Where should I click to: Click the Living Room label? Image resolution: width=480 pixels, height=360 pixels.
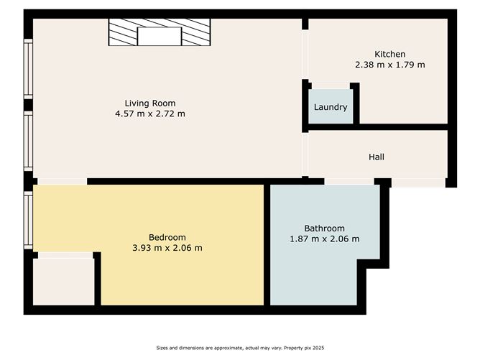[149, 103]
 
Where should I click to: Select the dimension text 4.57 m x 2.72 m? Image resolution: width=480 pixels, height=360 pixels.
[149, 114]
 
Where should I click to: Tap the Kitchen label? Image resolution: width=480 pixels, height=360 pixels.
[389, 54]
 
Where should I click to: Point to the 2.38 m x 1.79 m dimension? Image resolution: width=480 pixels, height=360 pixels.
[389, 65]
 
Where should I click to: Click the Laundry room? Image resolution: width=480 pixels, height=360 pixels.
[331, 107]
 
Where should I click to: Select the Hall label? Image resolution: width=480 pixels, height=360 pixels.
[377, 157]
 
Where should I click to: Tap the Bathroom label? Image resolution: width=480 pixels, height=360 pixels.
[323, 229]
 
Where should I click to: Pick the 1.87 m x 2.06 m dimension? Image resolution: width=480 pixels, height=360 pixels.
[323, 239]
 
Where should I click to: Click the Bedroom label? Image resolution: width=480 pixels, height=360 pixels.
[167, 237]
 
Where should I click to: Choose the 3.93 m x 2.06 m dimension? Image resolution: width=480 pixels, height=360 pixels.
[167, 248]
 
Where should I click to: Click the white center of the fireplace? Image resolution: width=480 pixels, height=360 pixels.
[160, 36]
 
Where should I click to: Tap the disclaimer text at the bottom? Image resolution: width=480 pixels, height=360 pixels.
[239, 348]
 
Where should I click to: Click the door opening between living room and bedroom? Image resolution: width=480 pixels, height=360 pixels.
[60, 181]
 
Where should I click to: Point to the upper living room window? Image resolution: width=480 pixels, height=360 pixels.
[28, 68]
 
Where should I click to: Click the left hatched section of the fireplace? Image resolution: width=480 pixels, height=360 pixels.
[123, 32]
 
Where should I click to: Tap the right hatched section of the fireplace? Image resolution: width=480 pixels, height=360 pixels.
[195, 32]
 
